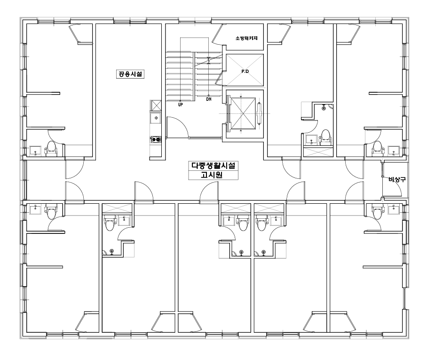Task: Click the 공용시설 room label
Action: [130, 74]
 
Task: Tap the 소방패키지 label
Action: [246, 38]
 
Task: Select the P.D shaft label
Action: [245, 72]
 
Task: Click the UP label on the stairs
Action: [180, 104]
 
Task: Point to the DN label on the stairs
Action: [209, 99]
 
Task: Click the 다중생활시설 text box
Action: [214, 166]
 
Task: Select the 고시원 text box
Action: [214, 175]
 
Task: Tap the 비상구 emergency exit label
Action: [397, 180]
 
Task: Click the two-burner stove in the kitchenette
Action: [156, 139]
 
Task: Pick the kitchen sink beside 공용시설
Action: [156, 118]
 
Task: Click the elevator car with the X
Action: [243, 113]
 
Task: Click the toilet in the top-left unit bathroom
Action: [51, 147]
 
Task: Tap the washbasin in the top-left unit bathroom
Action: [35, 151]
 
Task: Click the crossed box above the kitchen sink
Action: [156, 105]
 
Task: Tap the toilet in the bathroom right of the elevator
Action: [325, 137]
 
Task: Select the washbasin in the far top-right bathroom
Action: [393, 151]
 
